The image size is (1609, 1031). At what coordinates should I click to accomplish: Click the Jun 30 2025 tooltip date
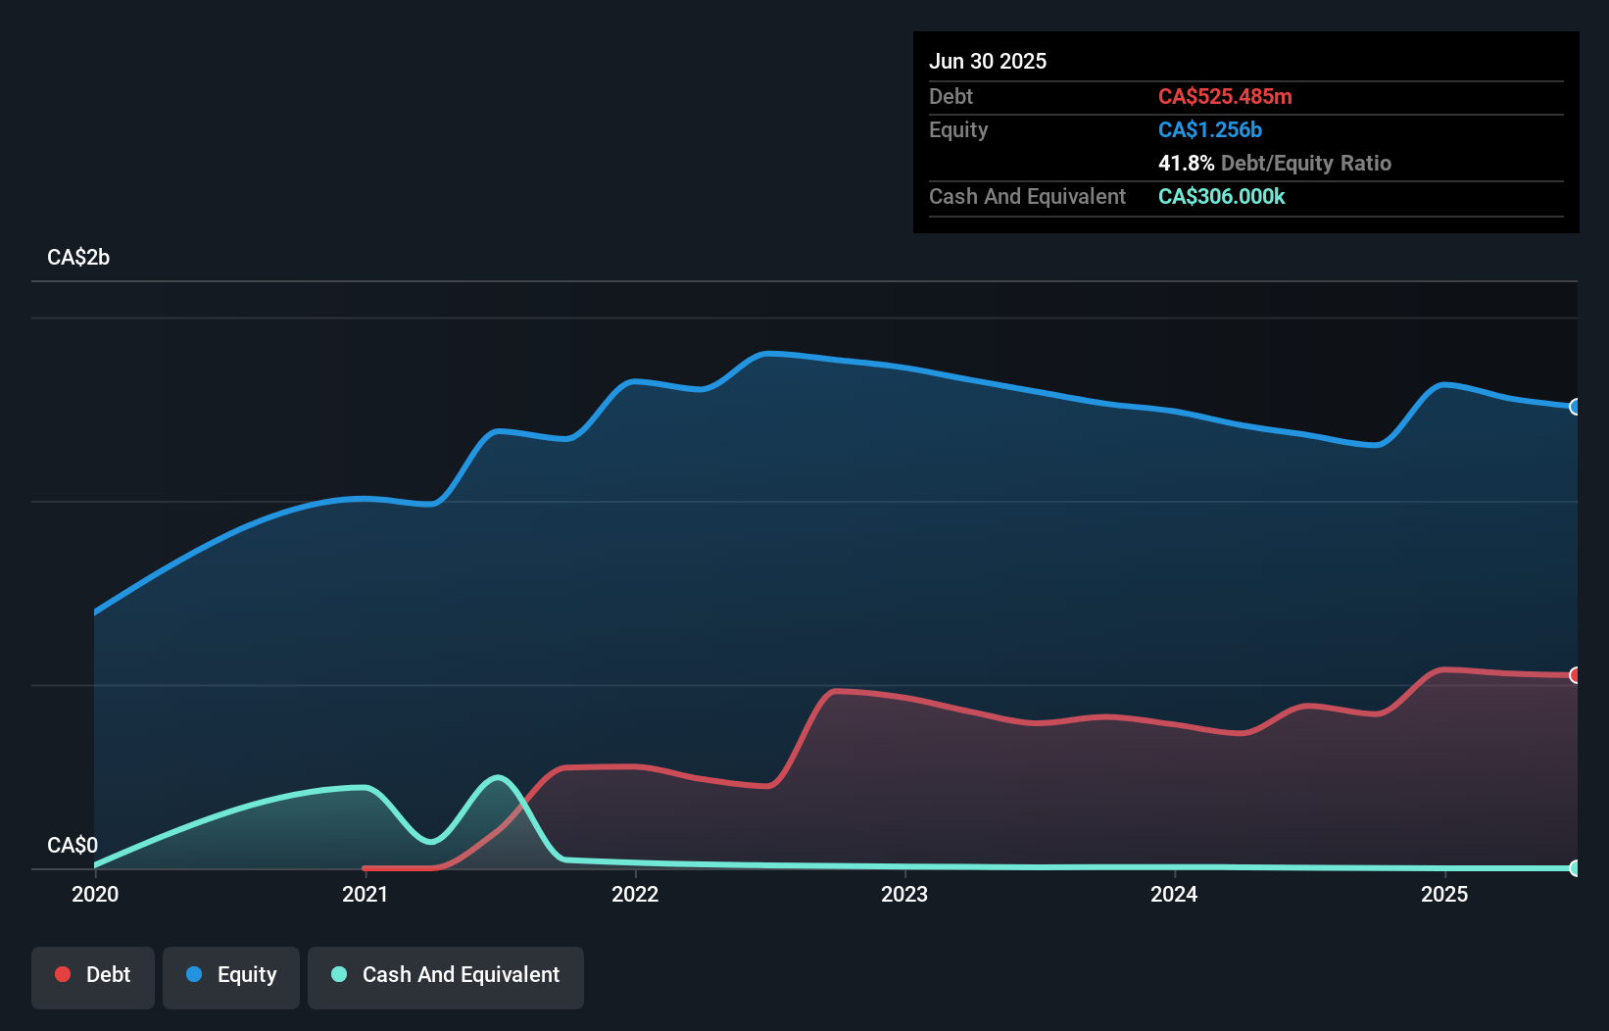(x=988, y=61)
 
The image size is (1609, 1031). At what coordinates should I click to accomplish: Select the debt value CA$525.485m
(x=1225, y=96)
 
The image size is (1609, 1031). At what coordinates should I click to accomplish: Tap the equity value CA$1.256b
(x=1209, y=129)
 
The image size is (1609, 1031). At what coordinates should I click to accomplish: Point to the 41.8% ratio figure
(x=1186, y=163)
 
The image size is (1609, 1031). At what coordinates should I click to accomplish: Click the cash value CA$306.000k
(x=1221, y=196)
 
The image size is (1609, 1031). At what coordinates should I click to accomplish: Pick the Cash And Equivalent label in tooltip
(x=1027, y=196)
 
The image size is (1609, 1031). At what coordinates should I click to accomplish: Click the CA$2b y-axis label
(x=78, y=257)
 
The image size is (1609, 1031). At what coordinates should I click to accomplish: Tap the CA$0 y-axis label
(x=73, y=845)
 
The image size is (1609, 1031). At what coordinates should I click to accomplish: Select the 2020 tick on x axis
(x=95, y=894)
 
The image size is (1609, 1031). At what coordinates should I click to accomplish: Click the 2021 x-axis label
(x=365, y=894)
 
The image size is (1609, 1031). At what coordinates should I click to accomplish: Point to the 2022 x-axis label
(x=635, y=894)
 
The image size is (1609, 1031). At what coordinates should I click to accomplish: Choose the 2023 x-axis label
(x=904, y=894)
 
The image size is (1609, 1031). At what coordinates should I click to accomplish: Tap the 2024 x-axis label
(x=1174, y=894)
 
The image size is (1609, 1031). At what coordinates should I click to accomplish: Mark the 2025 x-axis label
(x=1444, y=894)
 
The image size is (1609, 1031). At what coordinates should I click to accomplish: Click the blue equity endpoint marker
(x=1575, y=407)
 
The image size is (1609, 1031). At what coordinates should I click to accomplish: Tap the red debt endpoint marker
(x=1575, y=675)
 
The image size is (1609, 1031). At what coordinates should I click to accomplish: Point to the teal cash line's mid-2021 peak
(x=499, y=778)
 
